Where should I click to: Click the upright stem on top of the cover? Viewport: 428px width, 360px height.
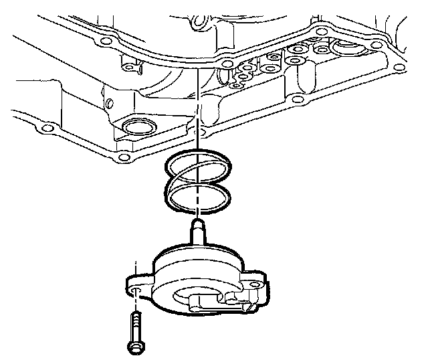pos(199,234)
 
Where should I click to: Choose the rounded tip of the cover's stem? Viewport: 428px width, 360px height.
pos(199,221)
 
